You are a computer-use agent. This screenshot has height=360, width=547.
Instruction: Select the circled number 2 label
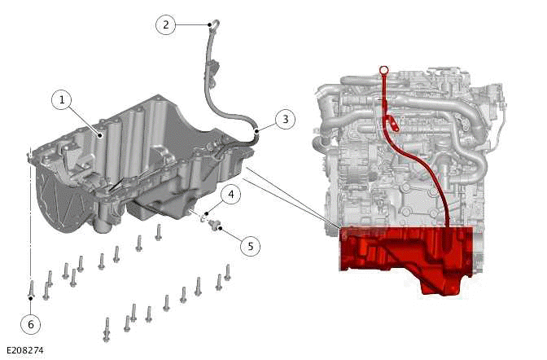point(166,24)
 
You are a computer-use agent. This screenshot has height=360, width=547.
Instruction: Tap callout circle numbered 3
point(283,119)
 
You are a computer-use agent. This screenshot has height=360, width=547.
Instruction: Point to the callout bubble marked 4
point(230,195)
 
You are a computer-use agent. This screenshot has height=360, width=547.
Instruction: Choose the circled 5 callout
point(251,244)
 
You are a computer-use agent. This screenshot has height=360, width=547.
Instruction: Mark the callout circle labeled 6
point(31,324)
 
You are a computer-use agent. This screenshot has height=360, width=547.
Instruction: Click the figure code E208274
point(24,350)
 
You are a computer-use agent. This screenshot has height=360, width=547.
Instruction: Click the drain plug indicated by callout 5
point(216,224)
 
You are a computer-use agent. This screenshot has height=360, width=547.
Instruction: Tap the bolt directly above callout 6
point(30,288)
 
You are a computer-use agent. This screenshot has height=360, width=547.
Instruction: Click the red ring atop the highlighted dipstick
point(381,71)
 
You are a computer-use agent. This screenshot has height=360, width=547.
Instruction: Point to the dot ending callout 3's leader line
point(256,129)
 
